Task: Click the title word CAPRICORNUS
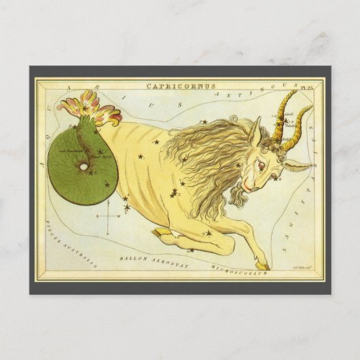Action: (181, 86)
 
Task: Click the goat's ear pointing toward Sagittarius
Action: (297, 165)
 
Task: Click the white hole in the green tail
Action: (82, 168)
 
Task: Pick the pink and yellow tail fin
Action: (91, 109)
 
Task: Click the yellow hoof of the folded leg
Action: (158, 234)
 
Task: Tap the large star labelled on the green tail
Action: (101, 153)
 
